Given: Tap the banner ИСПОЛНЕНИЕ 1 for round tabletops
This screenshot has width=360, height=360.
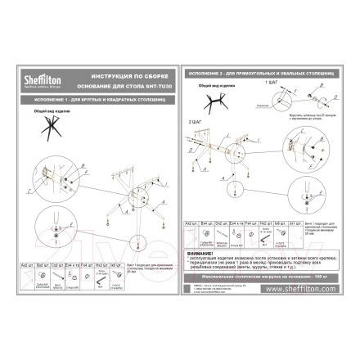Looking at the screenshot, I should tap(91, 100).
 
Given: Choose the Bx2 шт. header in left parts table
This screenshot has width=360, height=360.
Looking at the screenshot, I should tap(43, 264).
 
